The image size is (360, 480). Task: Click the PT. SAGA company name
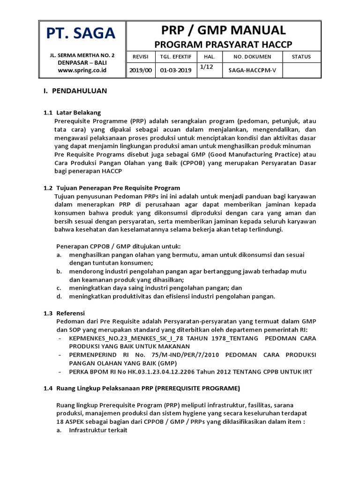pos(80,33)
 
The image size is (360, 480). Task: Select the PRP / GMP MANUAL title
pos(223,30)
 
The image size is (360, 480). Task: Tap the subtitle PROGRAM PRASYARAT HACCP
pos(223,44)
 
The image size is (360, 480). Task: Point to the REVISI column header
pos(140,57)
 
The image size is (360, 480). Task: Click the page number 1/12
pos(206,67)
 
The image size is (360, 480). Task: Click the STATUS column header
pos(301,57)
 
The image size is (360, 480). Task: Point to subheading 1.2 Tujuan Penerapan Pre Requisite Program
pos(112,188)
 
